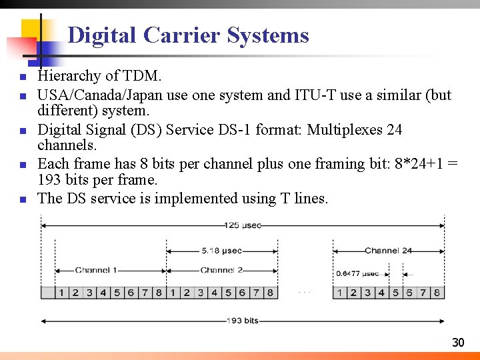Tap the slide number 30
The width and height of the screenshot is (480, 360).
[x=458, y=343]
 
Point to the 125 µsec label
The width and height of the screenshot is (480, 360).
[x=242, y=225]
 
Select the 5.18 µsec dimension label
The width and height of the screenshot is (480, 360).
[x=222, y=251]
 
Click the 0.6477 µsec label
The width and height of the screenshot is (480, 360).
[x=357, y=273]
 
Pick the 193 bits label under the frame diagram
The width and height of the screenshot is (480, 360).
[x=242, y=321]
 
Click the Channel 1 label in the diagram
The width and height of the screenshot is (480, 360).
[x=96, y=270]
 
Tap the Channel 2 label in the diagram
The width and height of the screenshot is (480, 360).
[x=221, y=270]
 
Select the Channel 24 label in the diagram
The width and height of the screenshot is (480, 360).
[x=388, y=251]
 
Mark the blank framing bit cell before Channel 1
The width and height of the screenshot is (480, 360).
[x=47, y=292]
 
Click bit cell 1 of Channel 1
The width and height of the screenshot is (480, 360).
[x=61, y=292]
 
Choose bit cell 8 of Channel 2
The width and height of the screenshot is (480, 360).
[x=270, y=292]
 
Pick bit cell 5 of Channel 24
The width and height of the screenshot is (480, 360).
[x=395, y=292]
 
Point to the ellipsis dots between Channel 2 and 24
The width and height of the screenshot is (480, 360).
[x=305, y=292]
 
